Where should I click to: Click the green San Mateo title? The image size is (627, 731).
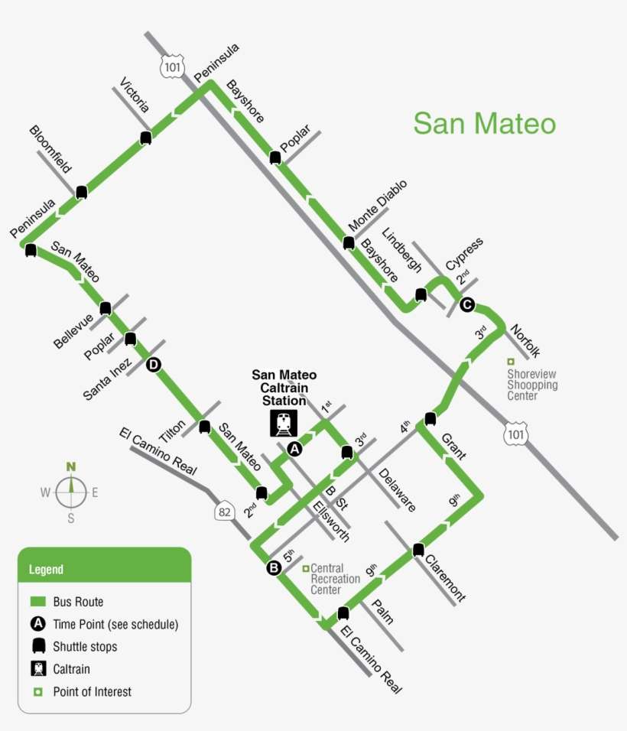pyautogui.click(x=484, y=123)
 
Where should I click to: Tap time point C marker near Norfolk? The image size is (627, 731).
pyautogui.click(x=467, y=305)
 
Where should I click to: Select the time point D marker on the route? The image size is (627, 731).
pyautogui.click(x=153, y=365)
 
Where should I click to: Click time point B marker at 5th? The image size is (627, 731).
pyautogui.click(x=273, y=567)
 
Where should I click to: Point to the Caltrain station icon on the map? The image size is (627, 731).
pyautogui.click(x=284, y=423)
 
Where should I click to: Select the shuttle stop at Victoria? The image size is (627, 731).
pyautogui.click(x=145, y=138)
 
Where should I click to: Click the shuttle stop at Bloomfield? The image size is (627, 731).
pyautogui.click(x=81, y=191)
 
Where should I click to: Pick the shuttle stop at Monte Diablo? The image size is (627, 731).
pyautogui.click(x=349, y=243)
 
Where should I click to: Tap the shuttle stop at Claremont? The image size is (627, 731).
pyautogui.click(x=417, y=549)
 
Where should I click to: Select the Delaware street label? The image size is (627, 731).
pyautogui.click(x=396, y=489)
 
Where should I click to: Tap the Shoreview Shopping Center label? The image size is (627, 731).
pyautogui.click(x=532, y=385)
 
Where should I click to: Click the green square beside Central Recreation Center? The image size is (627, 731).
pyautogui.click(x=305, y=568)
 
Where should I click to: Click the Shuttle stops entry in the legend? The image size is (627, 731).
pyautogui.click(x=84, y=646)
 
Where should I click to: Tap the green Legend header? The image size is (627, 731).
pyautogui.click(x=104, y=569)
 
